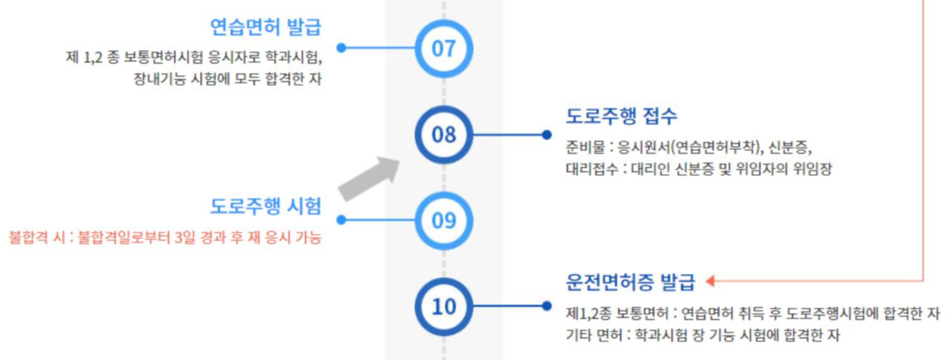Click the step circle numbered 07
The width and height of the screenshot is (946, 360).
tap(443, 48)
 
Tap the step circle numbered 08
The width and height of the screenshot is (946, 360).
tap(443, 134)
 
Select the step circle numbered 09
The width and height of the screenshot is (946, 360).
tap(443, 220)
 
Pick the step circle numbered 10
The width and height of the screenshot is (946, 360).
tap(443, 306)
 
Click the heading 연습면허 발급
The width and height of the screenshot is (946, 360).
tap(265, 28)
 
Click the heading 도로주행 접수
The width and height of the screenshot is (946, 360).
tap(621, 115)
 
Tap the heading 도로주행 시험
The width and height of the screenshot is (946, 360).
tap(265, 207)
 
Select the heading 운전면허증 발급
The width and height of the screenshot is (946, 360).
tap(630, 282)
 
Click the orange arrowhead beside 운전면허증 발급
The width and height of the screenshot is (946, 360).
tap(712, 281)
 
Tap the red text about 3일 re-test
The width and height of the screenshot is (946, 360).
tap(165, 238)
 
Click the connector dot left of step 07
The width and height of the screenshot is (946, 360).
tap(341, 48)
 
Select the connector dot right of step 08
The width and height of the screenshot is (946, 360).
tap(546, 134)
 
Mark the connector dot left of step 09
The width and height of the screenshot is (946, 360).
tap(341, 220)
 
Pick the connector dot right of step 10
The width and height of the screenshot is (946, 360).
tap(546, 306)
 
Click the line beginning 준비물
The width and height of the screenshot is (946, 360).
tap(688, 149)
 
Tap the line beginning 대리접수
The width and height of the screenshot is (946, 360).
tap(698, 169)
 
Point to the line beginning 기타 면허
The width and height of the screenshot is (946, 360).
tap(702, 334)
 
